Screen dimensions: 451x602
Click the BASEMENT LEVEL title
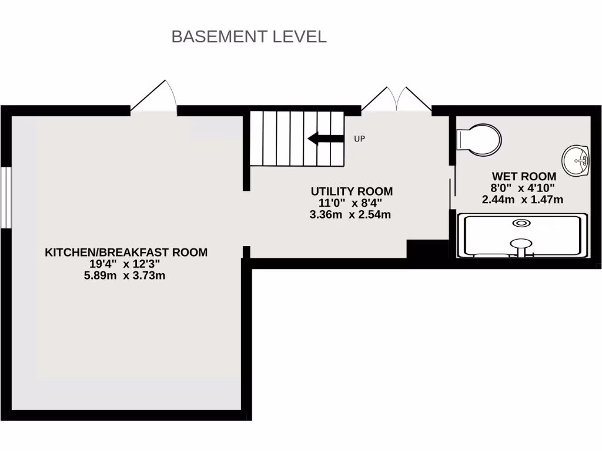click(x=249, y=36)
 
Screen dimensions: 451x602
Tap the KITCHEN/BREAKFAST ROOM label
click(x=126, y=253)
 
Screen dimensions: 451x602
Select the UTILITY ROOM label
click(x=351, y=191)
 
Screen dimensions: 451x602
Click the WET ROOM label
click(x=523, y=176)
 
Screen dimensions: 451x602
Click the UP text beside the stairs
click(x=359, y=139)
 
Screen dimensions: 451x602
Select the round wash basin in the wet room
click(x=576, y=160)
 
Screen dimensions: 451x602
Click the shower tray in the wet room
click(x=522, y=236)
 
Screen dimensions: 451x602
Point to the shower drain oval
click(x=521, y=223)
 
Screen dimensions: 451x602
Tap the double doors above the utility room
click(x=397, y=99)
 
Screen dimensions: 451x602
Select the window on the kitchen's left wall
click(x=5, y=198)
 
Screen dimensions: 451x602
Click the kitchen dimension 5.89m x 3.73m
click(x=125, y=275)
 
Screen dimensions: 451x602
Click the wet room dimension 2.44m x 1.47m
click(x=522, y=200)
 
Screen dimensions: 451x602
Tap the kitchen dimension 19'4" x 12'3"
click(x=126, y=264)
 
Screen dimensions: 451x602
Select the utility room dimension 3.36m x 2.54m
click(x=350, y=215)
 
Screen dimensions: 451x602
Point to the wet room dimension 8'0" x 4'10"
click(x=522, y=188)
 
